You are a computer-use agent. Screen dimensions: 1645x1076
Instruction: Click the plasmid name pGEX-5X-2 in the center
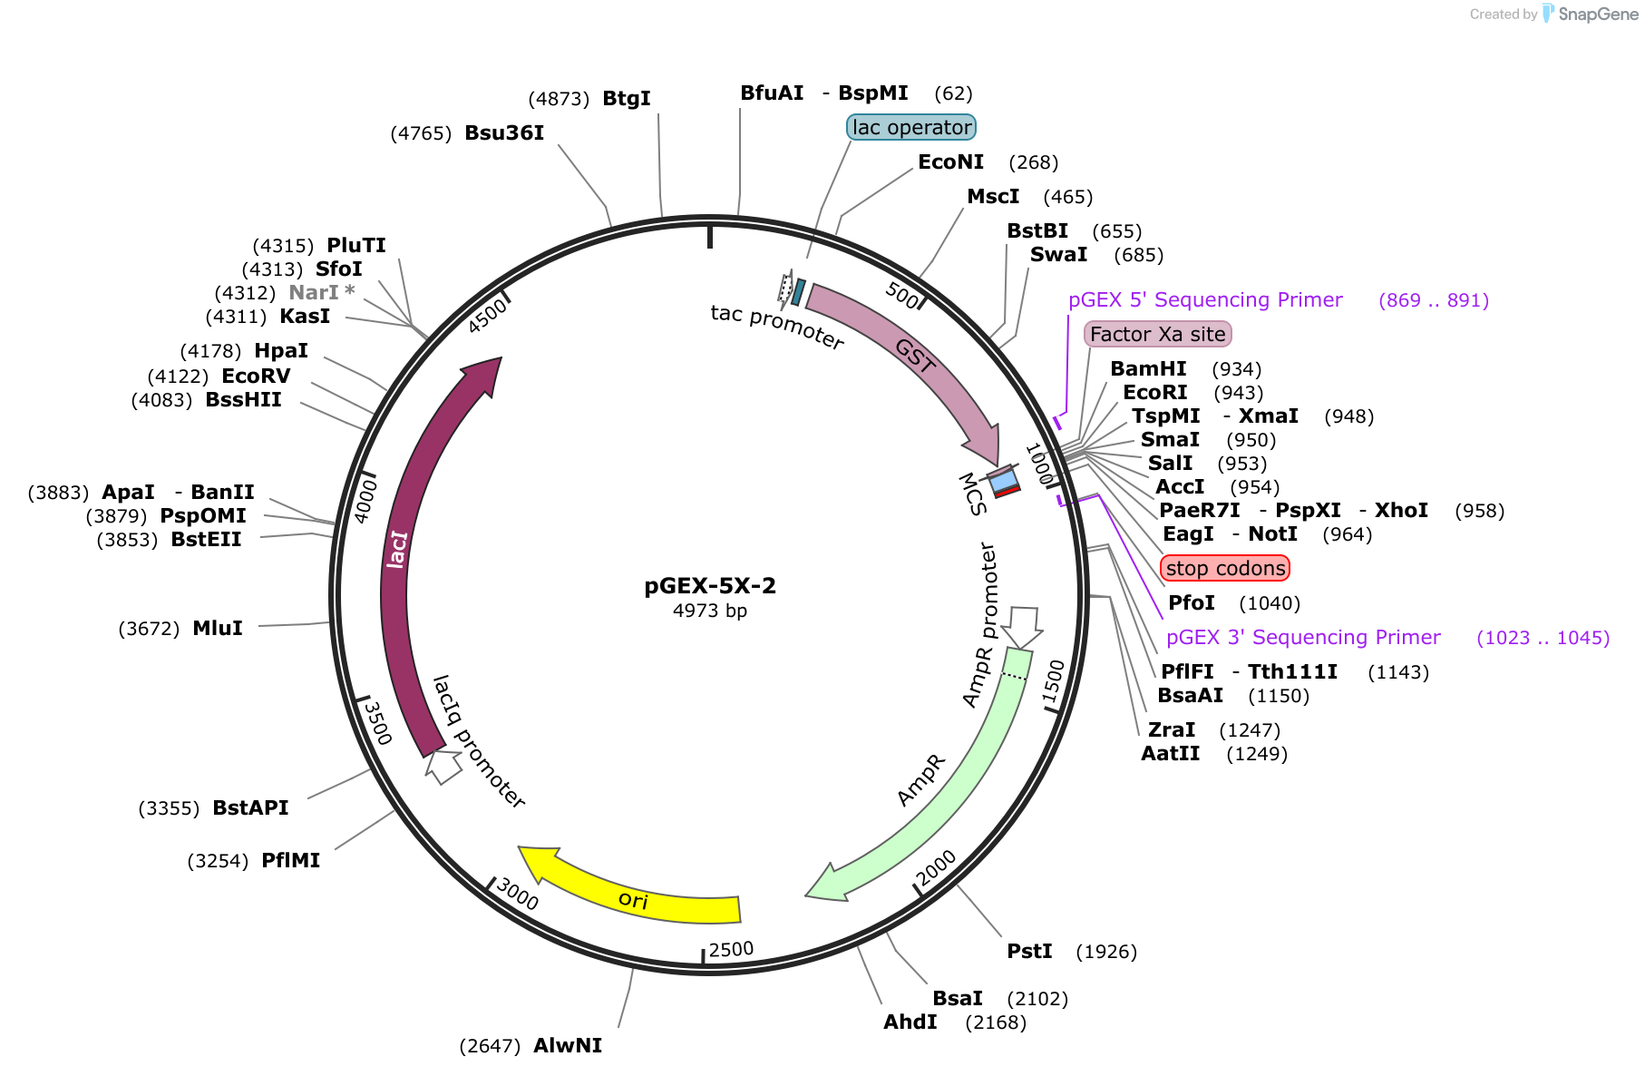(x=710, y=586)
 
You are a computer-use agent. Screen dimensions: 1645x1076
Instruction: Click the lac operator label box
(x=911, y=127)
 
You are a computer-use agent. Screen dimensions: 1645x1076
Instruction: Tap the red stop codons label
(x=1225, y=568)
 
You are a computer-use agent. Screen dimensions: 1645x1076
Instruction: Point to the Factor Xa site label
(x=1158, y=334)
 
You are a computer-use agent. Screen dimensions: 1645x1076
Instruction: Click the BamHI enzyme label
(x=1148, y=368)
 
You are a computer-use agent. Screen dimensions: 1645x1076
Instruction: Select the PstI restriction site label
(x=1029, y=951)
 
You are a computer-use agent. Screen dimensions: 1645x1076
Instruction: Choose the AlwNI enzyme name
(x=568, y=1045)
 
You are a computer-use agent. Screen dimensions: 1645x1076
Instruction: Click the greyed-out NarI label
(x=314, y=292)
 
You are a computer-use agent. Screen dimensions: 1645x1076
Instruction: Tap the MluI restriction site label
(x=218, y=628)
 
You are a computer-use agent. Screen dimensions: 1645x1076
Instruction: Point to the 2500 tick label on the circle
(x=731, y=949)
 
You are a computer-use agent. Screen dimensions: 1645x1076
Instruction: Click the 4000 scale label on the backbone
(x=365, y=502)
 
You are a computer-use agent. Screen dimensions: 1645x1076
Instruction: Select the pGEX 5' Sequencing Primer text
(x=1205, y=299)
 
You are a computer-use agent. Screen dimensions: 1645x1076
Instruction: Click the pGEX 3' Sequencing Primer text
(x=1303, y=637)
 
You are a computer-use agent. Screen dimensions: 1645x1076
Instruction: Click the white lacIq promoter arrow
(x=443, y=766)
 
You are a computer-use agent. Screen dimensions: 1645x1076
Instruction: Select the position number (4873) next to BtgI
(x=559, y=98)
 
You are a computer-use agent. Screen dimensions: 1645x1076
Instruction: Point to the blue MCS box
(x=1003, y=482)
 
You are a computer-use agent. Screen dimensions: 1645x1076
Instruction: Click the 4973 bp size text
(x=710, y=611)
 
